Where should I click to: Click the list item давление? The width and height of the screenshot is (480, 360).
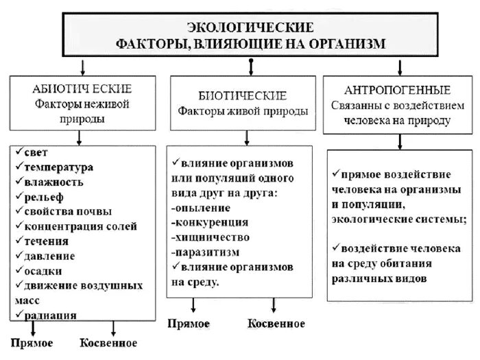[x=50, y=256]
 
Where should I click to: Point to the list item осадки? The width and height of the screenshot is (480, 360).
[x=43, y=270]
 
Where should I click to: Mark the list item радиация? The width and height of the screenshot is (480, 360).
[x=49, y=315]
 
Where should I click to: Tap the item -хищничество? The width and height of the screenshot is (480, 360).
[x=211, y=237]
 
